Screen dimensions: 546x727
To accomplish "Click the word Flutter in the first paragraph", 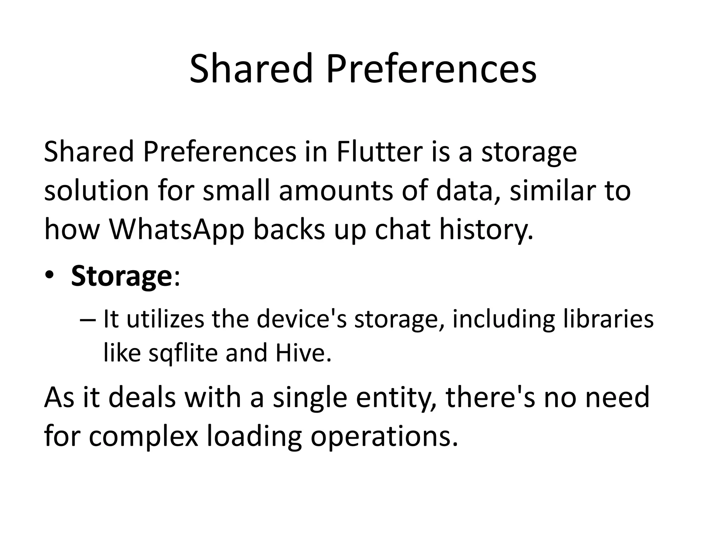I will (379, 152).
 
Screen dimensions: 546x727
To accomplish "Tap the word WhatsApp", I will (176, 229).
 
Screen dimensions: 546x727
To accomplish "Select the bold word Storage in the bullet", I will (121, 276).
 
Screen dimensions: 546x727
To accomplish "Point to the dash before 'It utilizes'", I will (88, 319).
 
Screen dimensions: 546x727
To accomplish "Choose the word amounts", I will (336, 191).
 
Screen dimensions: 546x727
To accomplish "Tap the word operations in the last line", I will (384, 437).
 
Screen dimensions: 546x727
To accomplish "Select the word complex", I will (143, 437).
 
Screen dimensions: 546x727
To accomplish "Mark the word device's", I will (301, 318).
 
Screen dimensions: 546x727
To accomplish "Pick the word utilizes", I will (165, 318).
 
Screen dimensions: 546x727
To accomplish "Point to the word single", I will (310, 398).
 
